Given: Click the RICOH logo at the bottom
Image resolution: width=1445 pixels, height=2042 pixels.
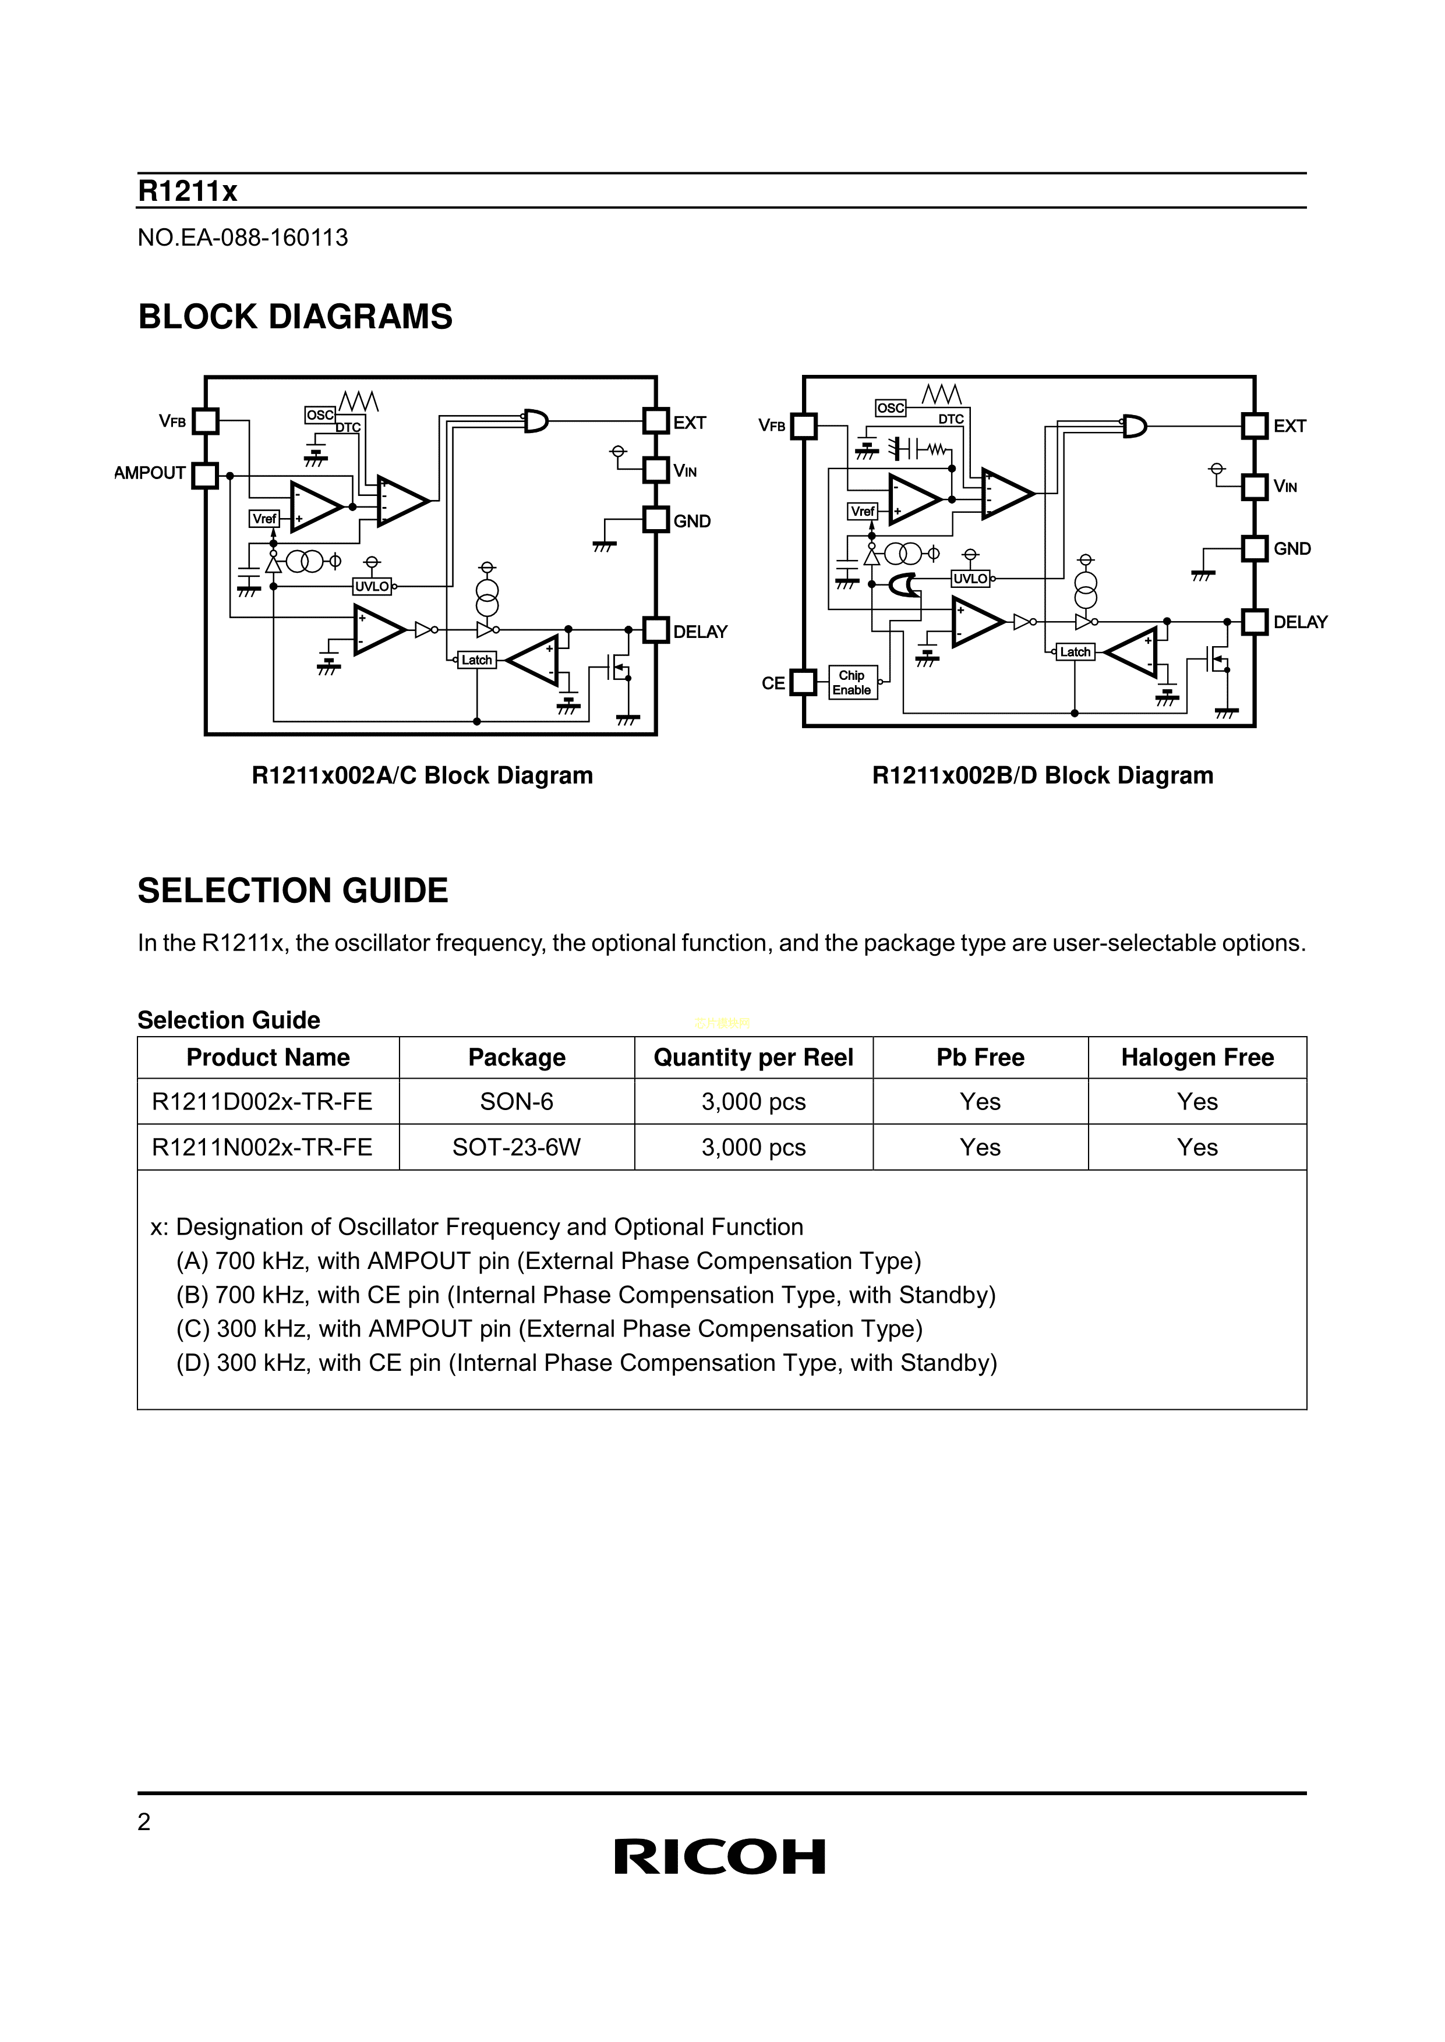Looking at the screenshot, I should click(x=720, y=1857).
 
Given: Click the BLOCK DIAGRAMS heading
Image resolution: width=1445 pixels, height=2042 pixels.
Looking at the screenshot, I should click(x=295, y=317).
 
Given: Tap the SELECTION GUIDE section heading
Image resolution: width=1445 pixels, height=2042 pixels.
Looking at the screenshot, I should click(x=293, y=891).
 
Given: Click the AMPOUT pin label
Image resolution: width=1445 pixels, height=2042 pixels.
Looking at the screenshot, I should click(x=150, y=473).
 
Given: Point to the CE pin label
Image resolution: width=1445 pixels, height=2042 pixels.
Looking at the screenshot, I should click(x=773, y=683).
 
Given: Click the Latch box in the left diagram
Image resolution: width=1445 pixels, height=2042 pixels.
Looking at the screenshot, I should click(x=476, y=660).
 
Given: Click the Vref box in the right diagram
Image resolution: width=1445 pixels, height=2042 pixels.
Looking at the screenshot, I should click(x=862, y=512).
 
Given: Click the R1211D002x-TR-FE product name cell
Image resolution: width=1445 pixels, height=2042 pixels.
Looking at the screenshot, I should click(x=263, y=1102).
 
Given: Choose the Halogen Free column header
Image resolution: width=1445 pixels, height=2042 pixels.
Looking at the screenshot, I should click(x=1197, y=1058).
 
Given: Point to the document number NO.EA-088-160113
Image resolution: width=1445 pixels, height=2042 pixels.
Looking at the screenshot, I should click(x=243, y=238).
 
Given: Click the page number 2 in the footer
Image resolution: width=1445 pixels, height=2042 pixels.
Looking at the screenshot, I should click(x=144, y=1823).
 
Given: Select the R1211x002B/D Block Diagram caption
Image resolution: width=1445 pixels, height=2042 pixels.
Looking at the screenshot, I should click(x=1042, y=775).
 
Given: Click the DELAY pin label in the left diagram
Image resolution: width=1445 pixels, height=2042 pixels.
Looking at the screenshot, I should click(x=700, y=632).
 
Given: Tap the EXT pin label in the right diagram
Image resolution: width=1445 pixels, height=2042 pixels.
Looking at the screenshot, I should click(x=1289, y=426).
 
